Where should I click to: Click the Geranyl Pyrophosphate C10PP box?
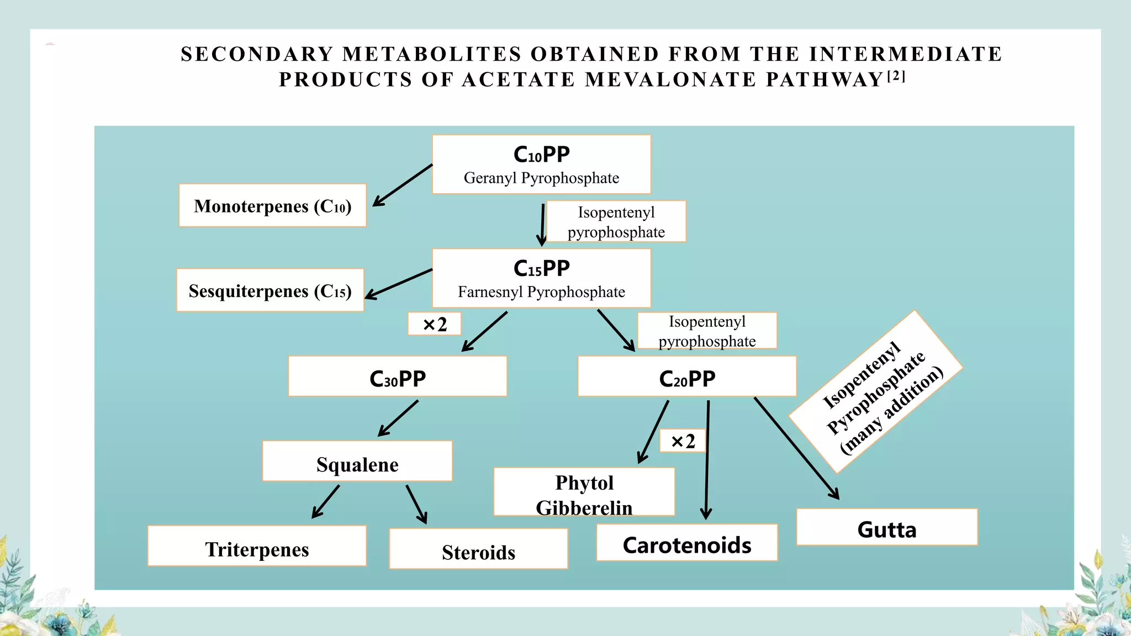point(541,165)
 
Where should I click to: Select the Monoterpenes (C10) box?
point(272,206)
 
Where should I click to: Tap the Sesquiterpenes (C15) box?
point(270,290)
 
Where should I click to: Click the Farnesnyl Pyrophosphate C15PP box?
point(541,278)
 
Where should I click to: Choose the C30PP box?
point(398,377)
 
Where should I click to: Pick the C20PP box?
point(687,377)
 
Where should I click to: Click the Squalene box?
point(357,462)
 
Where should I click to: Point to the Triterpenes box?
point(257,547)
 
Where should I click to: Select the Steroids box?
point(478,549)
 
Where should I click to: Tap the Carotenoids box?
point(687,543)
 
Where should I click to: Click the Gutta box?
point(887,528)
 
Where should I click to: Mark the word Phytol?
point(584,483)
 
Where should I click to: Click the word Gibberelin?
point(584,507)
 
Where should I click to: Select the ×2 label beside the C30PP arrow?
point(435,324)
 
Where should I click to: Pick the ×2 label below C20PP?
point(683,441)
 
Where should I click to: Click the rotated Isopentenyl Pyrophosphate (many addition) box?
point(876,391)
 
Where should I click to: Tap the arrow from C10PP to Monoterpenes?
point(403,185)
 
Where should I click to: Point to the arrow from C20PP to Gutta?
point(796,448)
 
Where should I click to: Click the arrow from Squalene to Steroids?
point(416,504)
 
